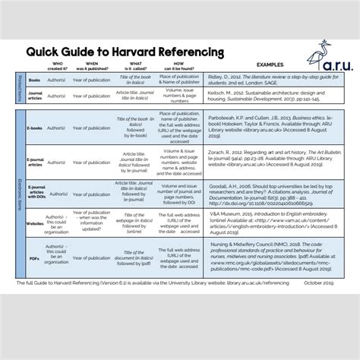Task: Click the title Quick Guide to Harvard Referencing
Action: tap(125, 52)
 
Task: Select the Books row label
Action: tap(33, 80)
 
